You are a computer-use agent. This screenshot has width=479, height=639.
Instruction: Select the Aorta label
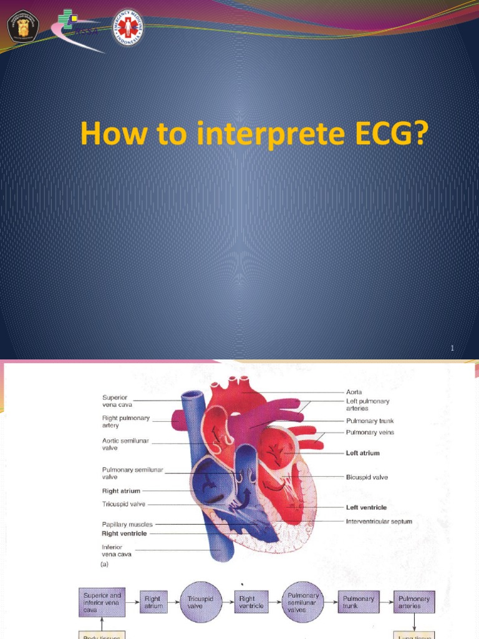click(x=354, y=392)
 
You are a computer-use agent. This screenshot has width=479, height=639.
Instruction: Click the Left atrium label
click(x=363, y=453)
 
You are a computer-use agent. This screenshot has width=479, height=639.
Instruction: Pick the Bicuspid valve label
click(x=367, y=477)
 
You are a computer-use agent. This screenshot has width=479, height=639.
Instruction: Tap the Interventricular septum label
click(x=379, y=522)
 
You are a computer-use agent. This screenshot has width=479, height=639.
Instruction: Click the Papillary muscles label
click(x=127, y=525)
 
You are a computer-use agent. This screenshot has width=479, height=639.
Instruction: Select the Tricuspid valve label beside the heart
click(x=124, y=504)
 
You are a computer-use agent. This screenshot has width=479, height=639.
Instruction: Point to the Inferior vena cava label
click(x=117, y=550)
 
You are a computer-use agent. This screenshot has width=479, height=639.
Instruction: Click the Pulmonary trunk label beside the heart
click(x=370, y=421)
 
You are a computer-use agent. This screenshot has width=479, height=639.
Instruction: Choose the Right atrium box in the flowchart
click(x=153, y=602)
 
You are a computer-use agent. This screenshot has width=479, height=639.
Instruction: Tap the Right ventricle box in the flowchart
click(x=251, y=602)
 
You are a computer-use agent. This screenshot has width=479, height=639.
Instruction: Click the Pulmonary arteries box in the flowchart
click(x=414, y=602)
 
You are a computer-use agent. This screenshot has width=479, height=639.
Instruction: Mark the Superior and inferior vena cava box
click(x=103, y=602)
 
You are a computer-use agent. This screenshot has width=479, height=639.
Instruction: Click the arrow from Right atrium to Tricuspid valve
click(x=174, y=602)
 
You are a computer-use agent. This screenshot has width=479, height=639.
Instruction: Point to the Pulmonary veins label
click(x=370, y=432)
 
